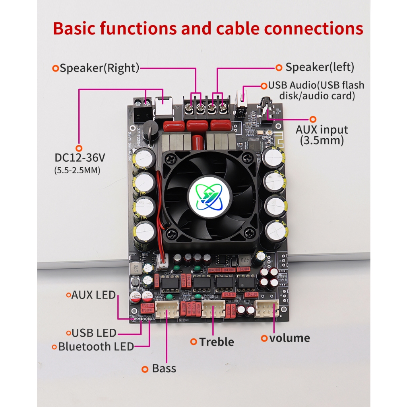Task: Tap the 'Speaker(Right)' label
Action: click(99, 68)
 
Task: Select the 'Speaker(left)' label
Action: click(320, 67)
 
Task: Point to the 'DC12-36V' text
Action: click(80, 157)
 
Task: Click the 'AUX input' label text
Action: click(322, 130)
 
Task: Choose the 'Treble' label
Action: click(216, 342)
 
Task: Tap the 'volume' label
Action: click(289, 338)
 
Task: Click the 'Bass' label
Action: click(164, 368)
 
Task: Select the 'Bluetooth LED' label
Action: click(96, 347)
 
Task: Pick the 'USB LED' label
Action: click(94, 333)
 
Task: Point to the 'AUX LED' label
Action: click(93, 295)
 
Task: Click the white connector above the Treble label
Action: click(213, 309)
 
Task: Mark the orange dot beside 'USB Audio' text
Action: click(264, 85)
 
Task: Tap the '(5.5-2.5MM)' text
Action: click(77, 171)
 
